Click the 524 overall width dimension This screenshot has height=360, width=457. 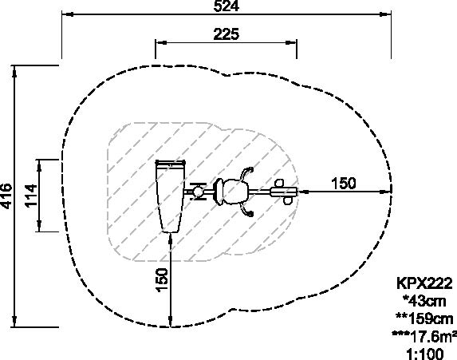pyautogui.click(x=227, y=6)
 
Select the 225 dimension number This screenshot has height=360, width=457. pyautogui.click(x=227, y=34)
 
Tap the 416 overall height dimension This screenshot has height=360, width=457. pyautogui.click(x=6, y=196)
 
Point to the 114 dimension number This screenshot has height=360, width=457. pyautogui.click(x=31, y=196)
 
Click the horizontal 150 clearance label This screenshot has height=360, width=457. pyautogui.click(x=344, y=184)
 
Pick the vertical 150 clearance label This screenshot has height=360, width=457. pyautogui.click(x=162, y=279)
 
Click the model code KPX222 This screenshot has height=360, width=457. pyautogui.click(x=424, y=283)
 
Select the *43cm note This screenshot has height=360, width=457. pyautogui.click(x=424, y=301)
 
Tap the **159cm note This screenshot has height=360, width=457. pyautogui.click(x=424, y=318)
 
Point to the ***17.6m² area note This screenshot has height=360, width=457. pyautogui.click(x=424, y=336)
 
